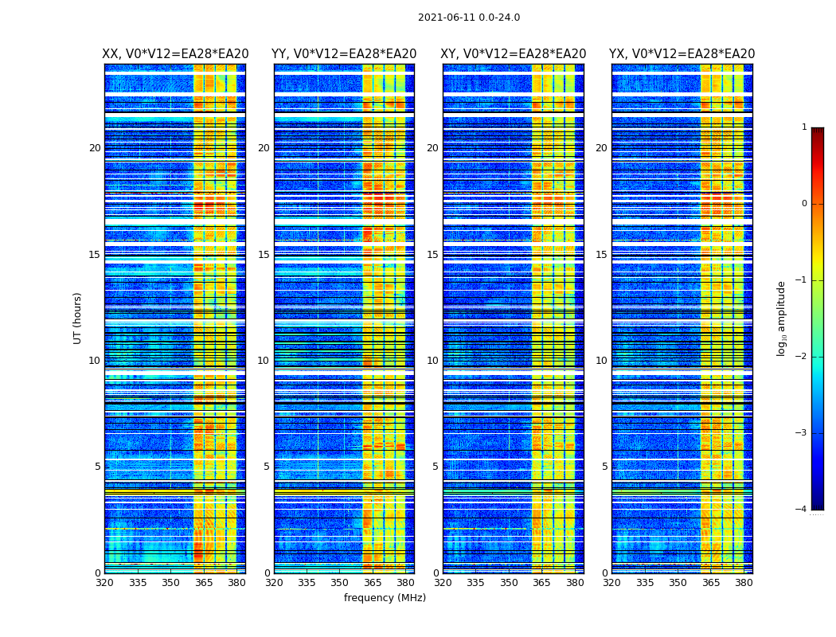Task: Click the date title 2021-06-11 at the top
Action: pyautogui.click(x=468, y=18)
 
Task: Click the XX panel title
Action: pyautogui.click(x=175, y=54)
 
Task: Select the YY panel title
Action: pyautogui.click(x=344, y=54)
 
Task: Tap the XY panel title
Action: pyautogui.click(x=514, y=54)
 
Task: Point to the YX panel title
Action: pyautogui.click(x=682, y=54)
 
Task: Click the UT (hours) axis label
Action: pyautogui.click(x=78, y=318)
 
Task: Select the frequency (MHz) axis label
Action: pyautogui.click(x=385, y=598)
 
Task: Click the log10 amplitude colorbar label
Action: pyautogui.click(x=782, y=318)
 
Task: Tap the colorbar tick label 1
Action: pyautogui.click(x=804, y=127)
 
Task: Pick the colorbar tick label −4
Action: pyautogui.click(x=802, y=510)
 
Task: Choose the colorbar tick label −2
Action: pyautogui.click(x=802, y=357)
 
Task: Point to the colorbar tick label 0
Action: pyautogui.click(x=804, y=204)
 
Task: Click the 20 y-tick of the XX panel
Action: pyautogui.click(x=95, y=148)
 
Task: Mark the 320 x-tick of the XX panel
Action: pyautogui.click(x=104, y=583)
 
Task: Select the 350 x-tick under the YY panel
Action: pyautogui.click(x=340, y=583)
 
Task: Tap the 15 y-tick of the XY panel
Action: pyautogui.click(x=432, y=255)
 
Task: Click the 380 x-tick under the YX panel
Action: pyautogui.click(x=744, y=583)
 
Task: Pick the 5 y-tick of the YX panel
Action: pyautogui.click(x=604, y=467)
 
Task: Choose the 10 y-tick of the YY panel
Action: pyautogui.click(x=263, y=361)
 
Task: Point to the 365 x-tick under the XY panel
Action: pyautogui.click(x=541, y=583)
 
